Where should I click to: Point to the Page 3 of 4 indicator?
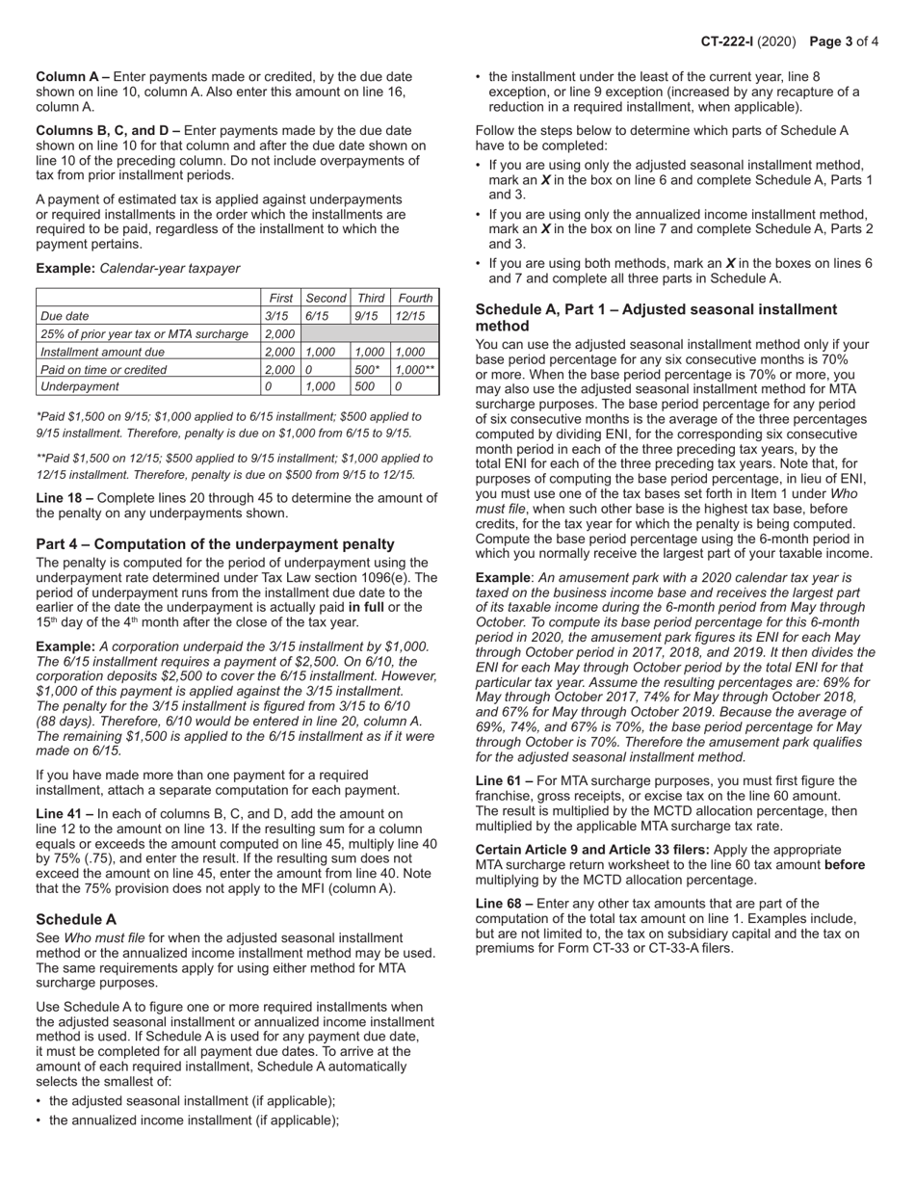tap(844, 41)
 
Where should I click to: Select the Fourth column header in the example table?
tap(415, 299)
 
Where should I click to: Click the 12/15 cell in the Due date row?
tap(409, 316)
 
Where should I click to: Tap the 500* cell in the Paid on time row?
tap(366, 369)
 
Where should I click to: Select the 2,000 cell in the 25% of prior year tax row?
tap(279, 333)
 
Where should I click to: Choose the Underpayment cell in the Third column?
tap(364, 386)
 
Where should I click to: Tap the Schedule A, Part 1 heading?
tap(656, 318)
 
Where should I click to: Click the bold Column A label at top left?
tap(72, 76)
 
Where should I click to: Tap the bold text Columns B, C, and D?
tap(107, 130)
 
